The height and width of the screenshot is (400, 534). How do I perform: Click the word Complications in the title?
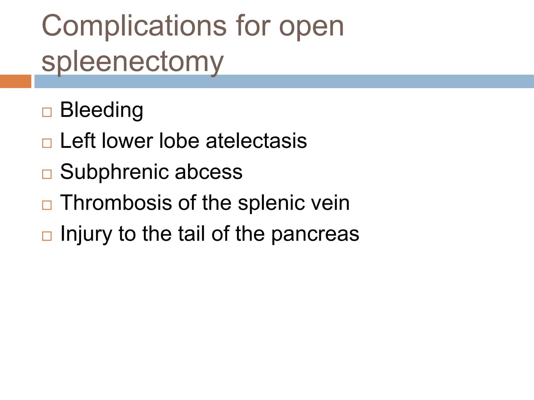click(x=134, y=26)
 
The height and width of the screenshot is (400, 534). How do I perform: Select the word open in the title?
click(x=311, y=26)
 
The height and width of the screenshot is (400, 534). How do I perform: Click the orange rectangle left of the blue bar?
click(x=15, y=81)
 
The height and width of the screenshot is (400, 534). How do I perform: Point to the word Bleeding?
click(x=101, y=110)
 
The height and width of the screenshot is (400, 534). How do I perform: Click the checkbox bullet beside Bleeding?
click(x=47, y=112)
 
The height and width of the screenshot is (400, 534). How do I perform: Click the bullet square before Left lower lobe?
click(x=47, y=143)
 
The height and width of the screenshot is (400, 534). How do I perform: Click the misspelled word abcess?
click(x=209, y=172)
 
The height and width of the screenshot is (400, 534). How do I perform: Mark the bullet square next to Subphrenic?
click(x=47, y=174)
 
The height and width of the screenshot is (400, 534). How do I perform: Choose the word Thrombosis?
click(x=116, y=203)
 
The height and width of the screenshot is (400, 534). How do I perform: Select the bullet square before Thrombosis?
click(x=47, y=205)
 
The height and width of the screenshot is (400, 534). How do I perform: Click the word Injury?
click(x=86, y=234)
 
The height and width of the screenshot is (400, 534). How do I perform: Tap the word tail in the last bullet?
click(x=192, y=234)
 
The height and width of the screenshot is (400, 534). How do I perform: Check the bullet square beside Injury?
click(x=47, y=236)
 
